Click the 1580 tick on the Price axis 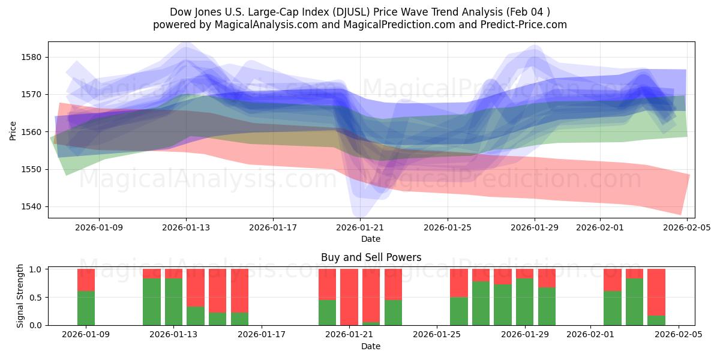[34, 57]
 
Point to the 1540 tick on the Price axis [34, 206]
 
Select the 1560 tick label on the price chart [34, 132]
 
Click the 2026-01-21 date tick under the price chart [360, 228]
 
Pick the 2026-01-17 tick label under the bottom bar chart [261, 335]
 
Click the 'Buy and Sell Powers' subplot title [371, 257]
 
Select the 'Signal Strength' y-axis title [20, 296]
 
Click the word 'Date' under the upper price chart [371, 239]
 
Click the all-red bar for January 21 [349, 297]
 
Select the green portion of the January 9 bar [86, 308]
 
